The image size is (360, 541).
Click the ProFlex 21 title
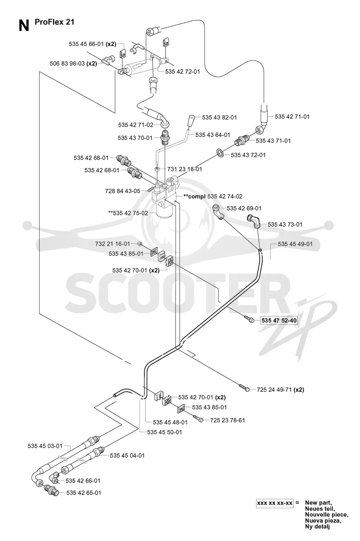pos(54,22)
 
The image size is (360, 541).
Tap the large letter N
pos(24,26)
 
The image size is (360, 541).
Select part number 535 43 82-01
pos(220,117)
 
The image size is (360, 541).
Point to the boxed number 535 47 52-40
pos(279,321)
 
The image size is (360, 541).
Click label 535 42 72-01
pos(183,72)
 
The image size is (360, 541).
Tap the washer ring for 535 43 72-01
pos(220,152)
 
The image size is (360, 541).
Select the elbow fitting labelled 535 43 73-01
pos(253,221)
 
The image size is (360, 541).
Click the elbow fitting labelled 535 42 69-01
pos(219,211)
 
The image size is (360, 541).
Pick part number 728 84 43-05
pos(123,191)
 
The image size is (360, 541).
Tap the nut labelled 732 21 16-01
pos(139,243)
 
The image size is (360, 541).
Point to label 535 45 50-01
pos(164,432)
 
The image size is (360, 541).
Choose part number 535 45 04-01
pos(127,456)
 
